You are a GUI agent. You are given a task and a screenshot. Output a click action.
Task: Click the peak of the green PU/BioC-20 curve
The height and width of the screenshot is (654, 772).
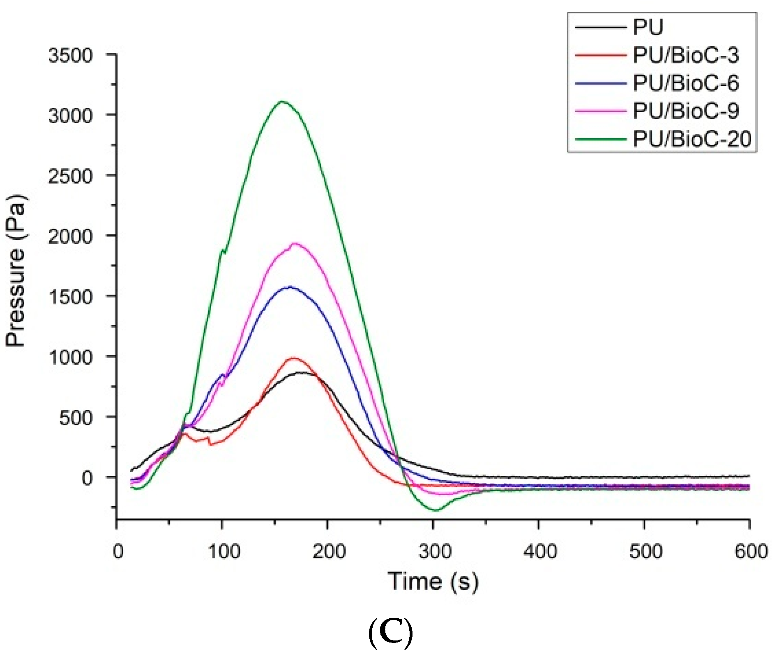[x=282, y=101]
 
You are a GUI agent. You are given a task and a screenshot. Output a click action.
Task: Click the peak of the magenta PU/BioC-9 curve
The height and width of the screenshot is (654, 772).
[x=295, y=243]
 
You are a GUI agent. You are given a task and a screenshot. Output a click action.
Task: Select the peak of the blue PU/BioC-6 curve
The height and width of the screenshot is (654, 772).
[x=290, y=287]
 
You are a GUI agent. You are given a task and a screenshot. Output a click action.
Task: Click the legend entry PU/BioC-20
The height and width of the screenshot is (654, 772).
[x=691, y=139]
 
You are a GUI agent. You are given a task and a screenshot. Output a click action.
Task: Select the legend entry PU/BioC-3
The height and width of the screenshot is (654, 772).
[x=685, y=55]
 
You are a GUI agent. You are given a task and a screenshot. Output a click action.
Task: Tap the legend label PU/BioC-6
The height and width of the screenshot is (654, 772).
[x=685, y=83]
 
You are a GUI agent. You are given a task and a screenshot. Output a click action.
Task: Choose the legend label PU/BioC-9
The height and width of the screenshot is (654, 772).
[x=685, y=111]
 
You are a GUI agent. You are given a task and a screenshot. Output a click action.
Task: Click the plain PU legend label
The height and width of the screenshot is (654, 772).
[x=648, y=28]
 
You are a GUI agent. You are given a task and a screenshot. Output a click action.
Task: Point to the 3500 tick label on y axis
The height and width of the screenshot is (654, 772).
[x=70, y=55]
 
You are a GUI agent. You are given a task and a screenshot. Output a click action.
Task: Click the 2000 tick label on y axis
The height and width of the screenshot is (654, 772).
[x=70, y=236]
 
